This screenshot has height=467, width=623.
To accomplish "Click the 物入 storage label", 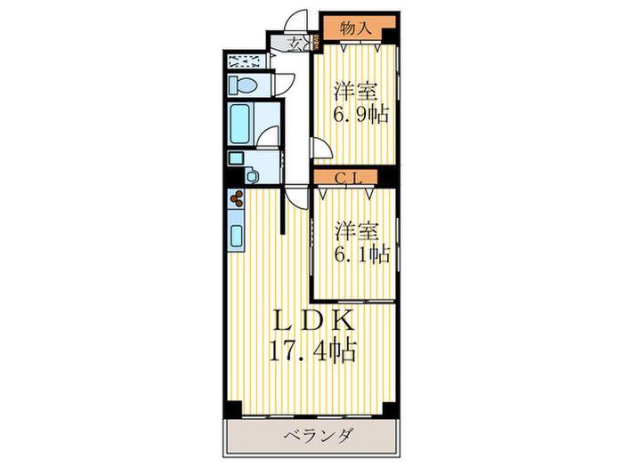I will click(x=354, y=28).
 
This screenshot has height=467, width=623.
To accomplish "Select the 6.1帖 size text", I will click(x=360, y=254).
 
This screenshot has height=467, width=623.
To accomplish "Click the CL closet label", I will click(x=349, y=179).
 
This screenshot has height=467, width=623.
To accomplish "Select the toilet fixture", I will click(x=243, y=85).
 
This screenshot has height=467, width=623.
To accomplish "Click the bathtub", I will click(x=240, y=124).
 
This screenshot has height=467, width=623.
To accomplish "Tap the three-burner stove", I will click(x=237, y=202).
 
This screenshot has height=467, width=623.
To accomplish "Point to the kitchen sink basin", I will click(x=237, y=237).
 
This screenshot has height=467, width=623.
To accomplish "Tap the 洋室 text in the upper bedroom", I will click(x=353, y=92).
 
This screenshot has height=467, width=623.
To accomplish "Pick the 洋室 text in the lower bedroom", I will click(x=353, y=230).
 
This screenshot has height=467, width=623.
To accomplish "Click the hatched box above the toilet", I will click(x=245, y=60).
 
